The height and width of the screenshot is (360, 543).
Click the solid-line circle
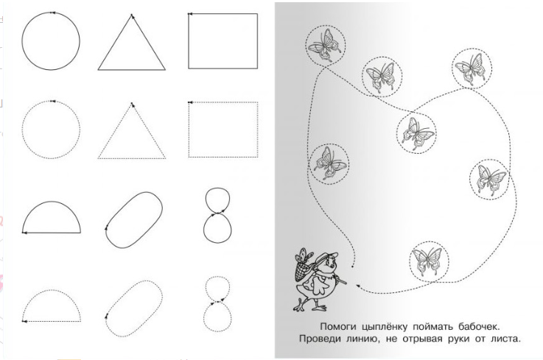tap(22, 40)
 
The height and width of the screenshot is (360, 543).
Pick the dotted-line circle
tap(23, 130)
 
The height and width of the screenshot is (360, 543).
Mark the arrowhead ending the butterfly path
tap(359, 286)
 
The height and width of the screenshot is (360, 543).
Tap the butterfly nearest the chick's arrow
tap(429, 261)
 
